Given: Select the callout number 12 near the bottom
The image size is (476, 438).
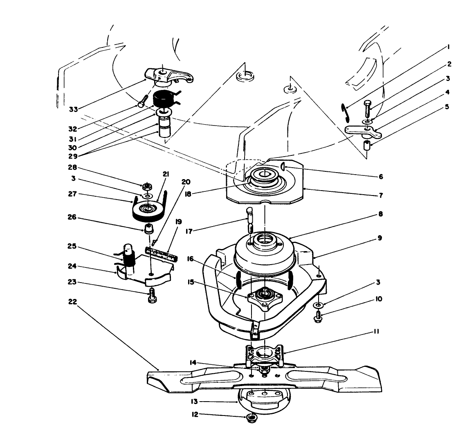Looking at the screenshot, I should (x=195, y=414).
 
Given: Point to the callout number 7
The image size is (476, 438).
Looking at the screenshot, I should (x=381, y=195).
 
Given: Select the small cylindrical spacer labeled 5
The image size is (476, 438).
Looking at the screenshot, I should (x=367, y=145).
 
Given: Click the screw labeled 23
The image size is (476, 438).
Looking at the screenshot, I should (x=152, y=294).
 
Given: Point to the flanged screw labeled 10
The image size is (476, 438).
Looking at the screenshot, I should (x=319, y=316).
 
